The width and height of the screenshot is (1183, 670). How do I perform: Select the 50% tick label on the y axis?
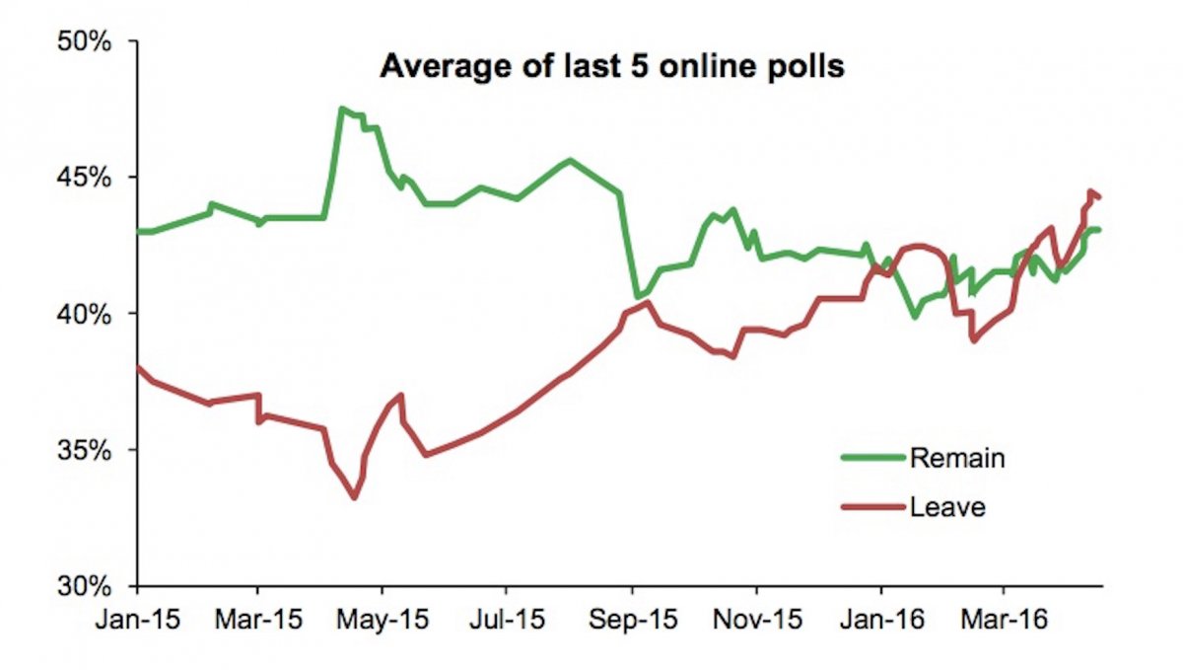(x=90, y=43)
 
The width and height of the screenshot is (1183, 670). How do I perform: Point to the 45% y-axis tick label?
(x=90, y=179)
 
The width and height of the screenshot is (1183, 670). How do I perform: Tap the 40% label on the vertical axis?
(x=90, y=315)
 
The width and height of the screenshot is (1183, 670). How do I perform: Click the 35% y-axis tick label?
(x=90, y=451)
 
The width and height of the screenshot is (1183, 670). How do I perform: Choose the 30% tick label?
(x=90, y=586)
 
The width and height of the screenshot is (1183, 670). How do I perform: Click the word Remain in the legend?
(x=957, y=459)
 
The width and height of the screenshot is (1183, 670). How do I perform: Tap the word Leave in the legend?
(x=948, y=508)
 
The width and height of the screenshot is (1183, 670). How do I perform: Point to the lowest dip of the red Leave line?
(x=354, y=497)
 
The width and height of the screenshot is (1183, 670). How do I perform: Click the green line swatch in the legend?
(x=871, y=458)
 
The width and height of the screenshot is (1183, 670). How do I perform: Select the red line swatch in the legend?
(x=871, y=507)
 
